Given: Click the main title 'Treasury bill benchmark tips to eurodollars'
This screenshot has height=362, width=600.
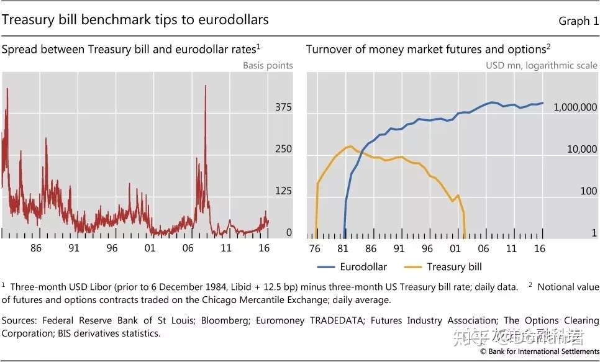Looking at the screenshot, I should (x=135, y=20).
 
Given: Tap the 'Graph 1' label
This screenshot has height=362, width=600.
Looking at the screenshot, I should (x=578, y=21).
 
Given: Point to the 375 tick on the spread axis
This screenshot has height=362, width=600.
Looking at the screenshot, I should (x=283, y=108).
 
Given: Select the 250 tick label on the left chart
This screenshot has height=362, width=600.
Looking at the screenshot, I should (x=283, y=150).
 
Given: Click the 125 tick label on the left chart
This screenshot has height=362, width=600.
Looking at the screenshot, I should (x=283, y=191).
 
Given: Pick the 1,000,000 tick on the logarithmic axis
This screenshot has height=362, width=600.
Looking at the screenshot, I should (x=575, y=108).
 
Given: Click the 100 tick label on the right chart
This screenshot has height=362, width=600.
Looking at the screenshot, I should (x=589, y=191).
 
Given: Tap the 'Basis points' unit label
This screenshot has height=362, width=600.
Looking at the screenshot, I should (x=268, y=65).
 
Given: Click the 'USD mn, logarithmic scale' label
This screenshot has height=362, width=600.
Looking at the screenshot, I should (x=542, y=65).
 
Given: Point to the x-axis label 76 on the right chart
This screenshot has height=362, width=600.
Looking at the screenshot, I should (x=314, y=248).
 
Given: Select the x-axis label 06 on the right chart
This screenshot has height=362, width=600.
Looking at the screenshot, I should (x=483, y=248).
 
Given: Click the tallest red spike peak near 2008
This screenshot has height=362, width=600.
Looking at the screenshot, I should (x=205, y=86).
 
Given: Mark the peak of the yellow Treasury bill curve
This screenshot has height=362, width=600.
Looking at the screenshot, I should (x=350, y=147).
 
